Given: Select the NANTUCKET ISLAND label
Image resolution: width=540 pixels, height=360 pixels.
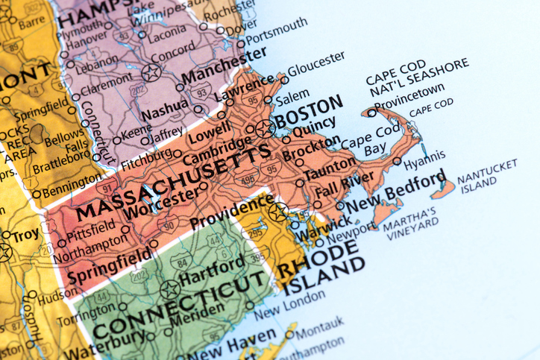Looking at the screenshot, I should point(486,179).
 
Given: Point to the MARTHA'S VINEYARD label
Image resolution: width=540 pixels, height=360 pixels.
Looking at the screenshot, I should point(411,225).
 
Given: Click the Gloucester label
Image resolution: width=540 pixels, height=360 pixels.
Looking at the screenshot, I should point(316,64).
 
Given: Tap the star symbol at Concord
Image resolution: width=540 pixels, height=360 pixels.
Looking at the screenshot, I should point(152,72).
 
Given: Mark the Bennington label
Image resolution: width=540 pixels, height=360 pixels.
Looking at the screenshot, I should point(71,190).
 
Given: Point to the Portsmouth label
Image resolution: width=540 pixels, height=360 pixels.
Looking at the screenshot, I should point(276,31).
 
